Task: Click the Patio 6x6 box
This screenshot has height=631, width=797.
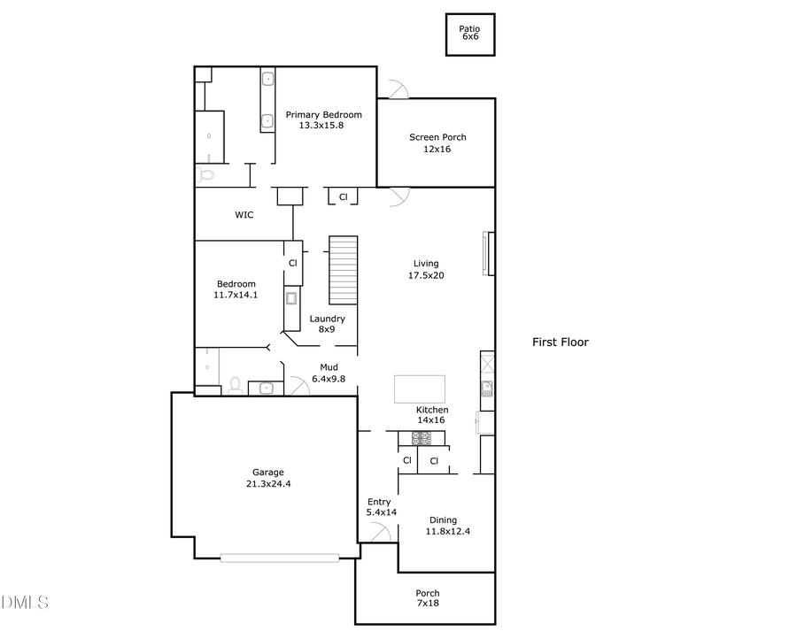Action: point(469,35)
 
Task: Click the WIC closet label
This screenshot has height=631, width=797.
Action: point(244,214)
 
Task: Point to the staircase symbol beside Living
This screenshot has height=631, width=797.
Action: point(343,270)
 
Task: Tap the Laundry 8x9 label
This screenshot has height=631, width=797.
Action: point(327,324)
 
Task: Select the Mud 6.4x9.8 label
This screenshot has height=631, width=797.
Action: point(329,373)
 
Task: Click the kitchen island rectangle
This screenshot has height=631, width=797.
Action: point(419,389)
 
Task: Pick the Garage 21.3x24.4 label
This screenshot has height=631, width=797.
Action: point(267,478)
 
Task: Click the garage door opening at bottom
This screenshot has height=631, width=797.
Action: point(280,558)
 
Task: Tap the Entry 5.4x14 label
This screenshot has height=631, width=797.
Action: point(379,507)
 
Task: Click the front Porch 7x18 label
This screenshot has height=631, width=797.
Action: point(428,598)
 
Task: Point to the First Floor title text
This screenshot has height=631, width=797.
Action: point(560,342)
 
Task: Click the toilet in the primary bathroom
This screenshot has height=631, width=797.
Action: point(206,175)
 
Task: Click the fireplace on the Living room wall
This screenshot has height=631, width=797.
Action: point(487,255)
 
